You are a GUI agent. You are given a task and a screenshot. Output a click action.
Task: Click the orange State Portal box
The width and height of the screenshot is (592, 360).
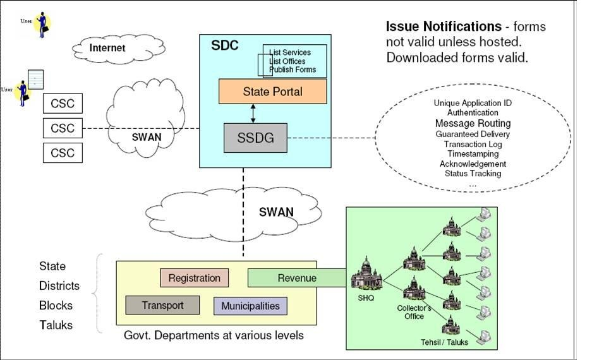click(x=272, y=92)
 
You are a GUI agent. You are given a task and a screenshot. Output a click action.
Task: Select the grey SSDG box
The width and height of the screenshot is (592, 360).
click(x=255, y=138)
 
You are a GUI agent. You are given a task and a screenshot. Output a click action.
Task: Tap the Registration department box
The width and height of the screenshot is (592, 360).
click(x=194, y=278)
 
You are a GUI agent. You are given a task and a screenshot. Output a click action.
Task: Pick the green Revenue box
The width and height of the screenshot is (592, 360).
click(x=297, y=278)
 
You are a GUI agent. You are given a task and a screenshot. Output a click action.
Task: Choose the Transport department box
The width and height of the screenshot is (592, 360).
click(x=162, y=306)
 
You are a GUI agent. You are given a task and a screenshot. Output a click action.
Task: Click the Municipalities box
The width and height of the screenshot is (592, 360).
click(x=250, y=306)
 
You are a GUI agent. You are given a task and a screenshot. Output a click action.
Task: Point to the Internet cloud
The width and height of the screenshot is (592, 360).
click(x=107, y=48)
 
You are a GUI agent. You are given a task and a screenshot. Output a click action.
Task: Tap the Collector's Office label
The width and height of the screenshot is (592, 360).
click(x=414, y=312)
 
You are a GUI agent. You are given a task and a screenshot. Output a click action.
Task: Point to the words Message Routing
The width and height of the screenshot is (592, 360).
click(x=473, y=123)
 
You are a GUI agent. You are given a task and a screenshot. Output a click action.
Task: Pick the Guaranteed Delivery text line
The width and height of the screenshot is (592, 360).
click(x=473, y=134)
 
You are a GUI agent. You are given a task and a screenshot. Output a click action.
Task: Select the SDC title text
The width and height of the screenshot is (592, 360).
click(x=224, y=46)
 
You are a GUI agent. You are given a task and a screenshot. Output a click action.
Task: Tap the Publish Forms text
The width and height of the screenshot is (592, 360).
click(x=293, y=69)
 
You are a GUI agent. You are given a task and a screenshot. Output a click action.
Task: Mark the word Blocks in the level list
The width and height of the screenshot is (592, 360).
click(x=56, y=306)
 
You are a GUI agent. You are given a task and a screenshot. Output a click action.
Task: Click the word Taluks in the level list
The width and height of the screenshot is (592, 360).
click(x=56, y=325)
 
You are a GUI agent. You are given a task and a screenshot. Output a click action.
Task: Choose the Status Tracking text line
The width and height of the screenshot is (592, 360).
click(x=473, y=174)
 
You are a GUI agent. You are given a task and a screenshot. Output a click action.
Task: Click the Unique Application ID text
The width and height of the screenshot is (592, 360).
click(x=473, y=103)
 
